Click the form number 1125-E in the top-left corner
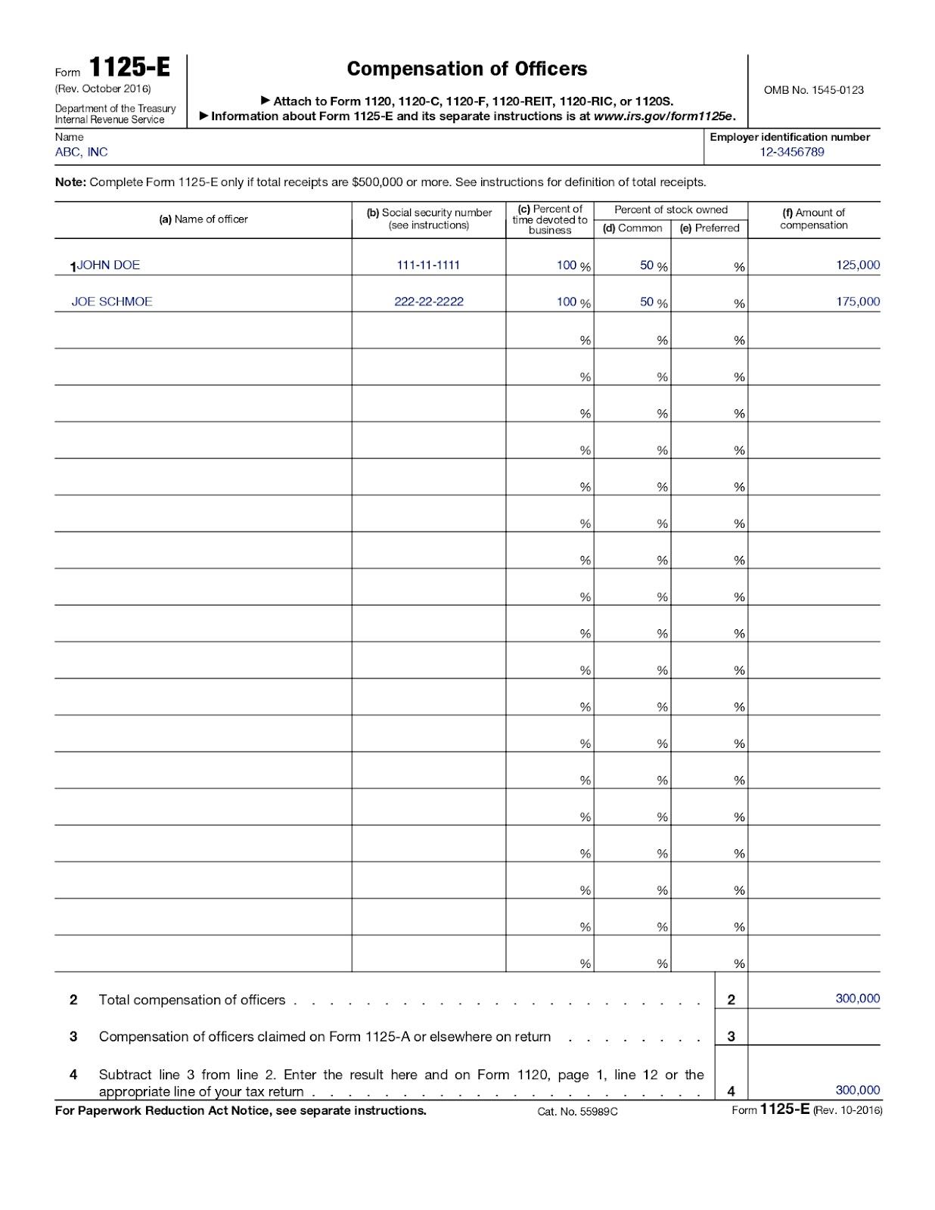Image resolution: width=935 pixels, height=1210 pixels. [130, 68]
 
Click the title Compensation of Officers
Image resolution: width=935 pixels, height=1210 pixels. [467, 69]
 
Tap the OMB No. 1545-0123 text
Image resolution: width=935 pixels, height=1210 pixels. [813, 90]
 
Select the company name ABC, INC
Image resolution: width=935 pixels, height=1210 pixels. [82, 152]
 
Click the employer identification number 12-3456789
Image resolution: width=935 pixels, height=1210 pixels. [792, 152]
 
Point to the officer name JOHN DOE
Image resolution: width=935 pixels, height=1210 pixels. [109, 265]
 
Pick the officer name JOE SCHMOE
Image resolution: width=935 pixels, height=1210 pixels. [112, 302]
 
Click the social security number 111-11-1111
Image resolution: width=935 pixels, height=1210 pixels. [428, 265]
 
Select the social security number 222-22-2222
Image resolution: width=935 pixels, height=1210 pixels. [428, 302]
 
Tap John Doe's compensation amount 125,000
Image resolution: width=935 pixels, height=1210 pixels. [858, 265]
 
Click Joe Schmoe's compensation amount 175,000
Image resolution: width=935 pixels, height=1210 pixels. [858, 302]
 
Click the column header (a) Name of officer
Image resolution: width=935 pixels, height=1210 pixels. [203, 219]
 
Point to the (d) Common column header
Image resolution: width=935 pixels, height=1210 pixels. [632, 228]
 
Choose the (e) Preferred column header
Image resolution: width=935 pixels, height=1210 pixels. [710, 228]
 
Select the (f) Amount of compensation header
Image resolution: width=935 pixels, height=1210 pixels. [813, 219]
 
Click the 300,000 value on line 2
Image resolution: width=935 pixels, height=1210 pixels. [857, 999]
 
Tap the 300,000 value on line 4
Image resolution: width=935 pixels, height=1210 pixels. [857, 1091]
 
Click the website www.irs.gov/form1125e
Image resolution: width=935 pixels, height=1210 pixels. [663, 116]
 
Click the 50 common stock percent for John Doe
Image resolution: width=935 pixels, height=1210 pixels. [647, 265]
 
